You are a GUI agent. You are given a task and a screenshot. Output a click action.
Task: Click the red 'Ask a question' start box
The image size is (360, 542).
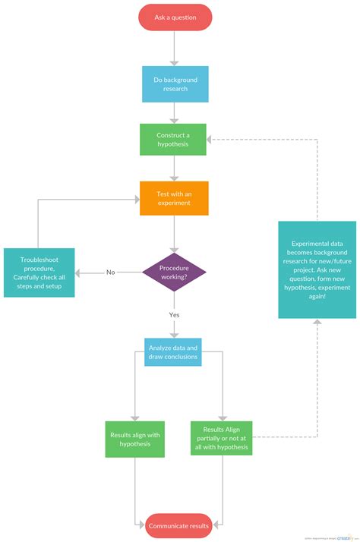[175, 17]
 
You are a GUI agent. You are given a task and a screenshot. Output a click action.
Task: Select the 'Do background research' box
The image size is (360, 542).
[175, 84]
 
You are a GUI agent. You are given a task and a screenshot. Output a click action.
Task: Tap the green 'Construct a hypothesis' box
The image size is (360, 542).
[173, 140]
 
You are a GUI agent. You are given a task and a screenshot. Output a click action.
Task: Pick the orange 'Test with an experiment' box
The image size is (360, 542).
[174, 197]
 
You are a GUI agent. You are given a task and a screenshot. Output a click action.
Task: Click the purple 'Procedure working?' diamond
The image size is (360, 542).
[174, 273]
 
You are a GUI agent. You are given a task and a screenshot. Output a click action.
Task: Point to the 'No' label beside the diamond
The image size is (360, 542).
[110, 273]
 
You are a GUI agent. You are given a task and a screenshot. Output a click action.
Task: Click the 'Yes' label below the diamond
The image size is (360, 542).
[174, 314]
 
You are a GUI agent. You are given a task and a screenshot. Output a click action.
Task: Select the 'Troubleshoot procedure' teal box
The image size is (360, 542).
[39, 273]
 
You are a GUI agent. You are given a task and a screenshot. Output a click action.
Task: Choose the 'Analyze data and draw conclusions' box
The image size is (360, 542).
[173, 351]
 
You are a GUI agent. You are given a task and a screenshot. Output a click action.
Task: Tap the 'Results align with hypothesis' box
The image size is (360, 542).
[134, 439]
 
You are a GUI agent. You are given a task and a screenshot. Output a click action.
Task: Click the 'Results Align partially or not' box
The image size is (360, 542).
[220, 439]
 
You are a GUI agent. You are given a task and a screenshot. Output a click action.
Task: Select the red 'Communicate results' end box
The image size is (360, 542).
[178, 525]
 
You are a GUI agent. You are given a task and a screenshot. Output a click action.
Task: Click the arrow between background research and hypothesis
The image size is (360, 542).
[175, 112]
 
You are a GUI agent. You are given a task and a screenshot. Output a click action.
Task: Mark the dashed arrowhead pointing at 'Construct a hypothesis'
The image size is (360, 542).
[212, 140]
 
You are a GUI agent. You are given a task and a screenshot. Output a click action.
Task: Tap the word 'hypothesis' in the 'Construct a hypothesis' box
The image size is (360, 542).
[173, 145]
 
